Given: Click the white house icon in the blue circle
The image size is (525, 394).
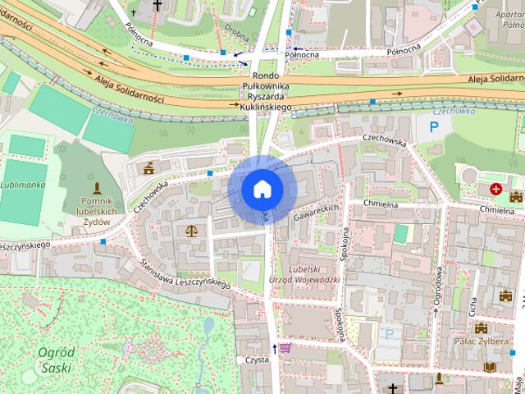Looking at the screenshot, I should point(262,189).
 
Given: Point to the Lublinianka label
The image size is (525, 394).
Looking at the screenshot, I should point(22,186).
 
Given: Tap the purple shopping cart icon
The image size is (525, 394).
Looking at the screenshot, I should point(285,348).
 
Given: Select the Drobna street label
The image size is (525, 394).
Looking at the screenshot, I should point(237,34).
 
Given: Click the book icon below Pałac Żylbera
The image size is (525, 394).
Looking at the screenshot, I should point(490,367).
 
